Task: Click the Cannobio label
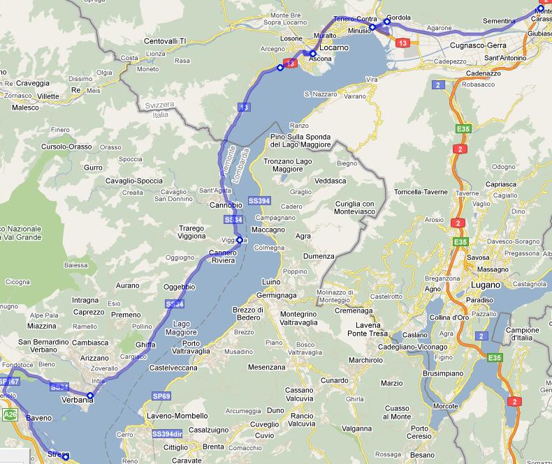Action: pos(226,205)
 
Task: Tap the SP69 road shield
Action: pos(161,396)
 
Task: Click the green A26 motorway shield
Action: pos(9,414)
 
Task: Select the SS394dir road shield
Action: pos(166,434)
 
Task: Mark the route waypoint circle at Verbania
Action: pos(89,396)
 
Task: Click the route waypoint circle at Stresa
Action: pos(65,457)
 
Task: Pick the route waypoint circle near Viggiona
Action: pos(240,240)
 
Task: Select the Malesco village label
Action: pos(25,107)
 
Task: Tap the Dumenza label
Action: pos(319,256)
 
